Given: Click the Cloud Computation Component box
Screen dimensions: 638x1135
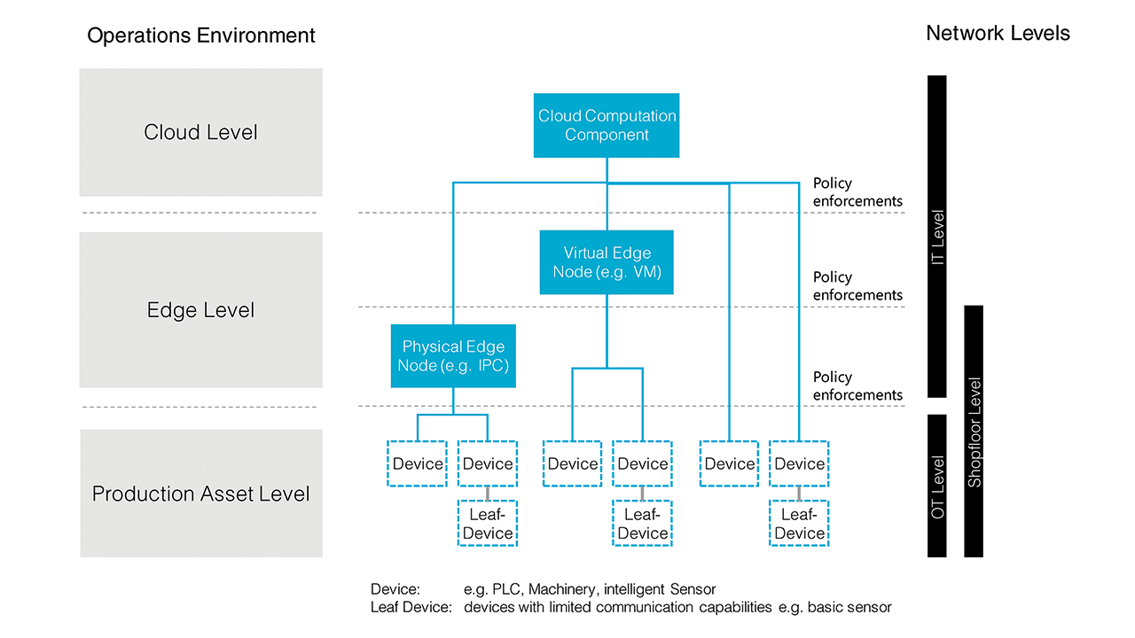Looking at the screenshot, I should [x=607, y=126].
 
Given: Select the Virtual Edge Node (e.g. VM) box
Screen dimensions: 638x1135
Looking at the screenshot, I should [x=607, y=262].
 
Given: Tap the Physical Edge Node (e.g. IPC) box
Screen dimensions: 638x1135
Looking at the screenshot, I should [x=453, y=356].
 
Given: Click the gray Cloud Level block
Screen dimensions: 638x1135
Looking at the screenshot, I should [x=200, y=133].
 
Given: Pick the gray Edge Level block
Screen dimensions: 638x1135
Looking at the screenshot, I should [x=200, y=310].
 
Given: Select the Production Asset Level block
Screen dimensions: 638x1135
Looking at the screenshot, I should [x=200, y=494].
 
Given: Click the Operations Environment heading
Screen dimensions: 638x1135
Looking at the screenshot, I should [x=200, y=35].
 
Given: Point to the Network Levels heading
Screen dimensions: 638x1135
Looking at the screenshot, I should [x=998, y=34].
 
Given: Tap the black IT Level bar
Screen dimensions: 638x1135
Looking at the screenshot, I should [x=936, y=237].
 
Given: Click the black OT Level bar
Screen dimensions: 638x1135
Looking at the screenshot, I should [x=936, y=486].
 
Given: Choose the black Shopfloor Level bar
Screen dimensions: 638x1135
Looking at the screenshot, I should [x=974, y=432].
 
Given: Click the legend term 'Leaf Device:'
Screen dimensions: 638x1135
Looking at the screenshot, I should [x=411, y=608].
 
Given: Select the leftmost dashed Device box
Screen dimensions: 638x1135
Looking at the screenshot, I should [x=418, y=463].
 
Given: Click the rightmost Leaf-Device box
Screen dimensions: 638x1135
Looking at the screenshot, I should [x=799, y=524].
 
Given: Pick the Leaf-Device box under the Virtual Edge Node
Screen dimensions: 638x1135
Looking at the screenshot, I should [x=642, y=524].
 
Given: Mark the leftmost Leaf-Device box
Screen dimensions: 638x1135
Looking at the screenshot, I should [x=488, y=524].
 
